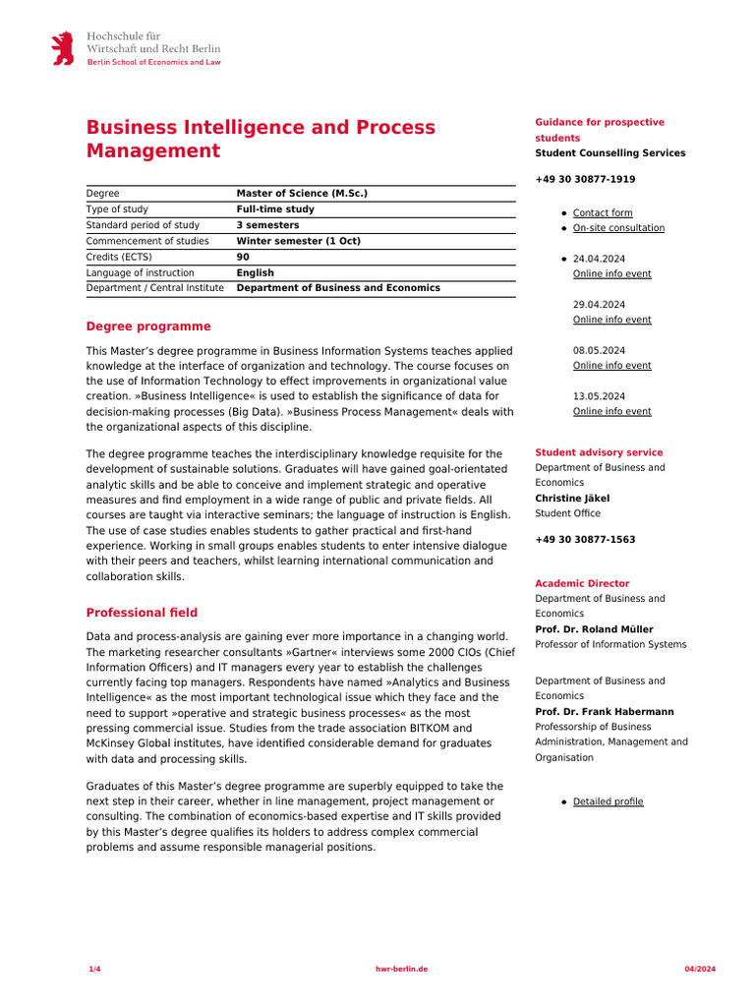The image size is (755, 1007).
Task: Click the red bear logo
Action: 63,48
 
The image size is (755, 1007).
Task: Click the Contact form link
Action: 603,212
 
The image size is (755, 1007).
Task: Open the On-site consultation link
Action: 618,228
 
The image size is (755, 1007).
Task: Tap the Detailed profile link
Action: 608,801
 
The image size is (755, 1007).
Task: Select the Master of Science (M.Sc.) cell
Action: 302,194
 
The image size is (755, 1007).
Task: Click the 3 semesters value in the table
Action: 268,225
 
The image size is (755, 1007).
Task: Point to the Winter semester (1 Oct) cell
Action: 299,241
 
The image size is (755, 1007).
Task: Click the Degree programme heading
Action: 148,326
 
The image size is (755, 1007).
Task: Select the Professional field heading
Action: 142,613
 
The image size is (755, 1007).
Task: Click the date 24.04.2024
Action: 599,259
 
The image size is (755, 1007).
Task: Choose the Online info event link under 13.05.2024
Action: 611,411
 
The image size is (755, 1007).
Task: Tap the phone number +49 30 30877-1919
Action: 585,179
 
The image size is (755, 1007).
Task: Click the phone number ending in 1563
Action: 585,539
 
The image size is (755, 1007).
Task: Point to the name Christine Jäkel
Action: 572,498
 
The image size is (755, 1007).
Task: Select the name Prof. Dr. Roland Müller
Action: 594,629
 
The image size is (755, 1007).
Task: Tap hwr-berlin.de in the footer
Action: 402,970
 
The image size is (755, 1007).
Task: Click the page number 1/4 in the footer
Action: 94,970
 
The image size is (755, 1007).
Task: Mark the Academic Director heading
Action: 582,583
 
